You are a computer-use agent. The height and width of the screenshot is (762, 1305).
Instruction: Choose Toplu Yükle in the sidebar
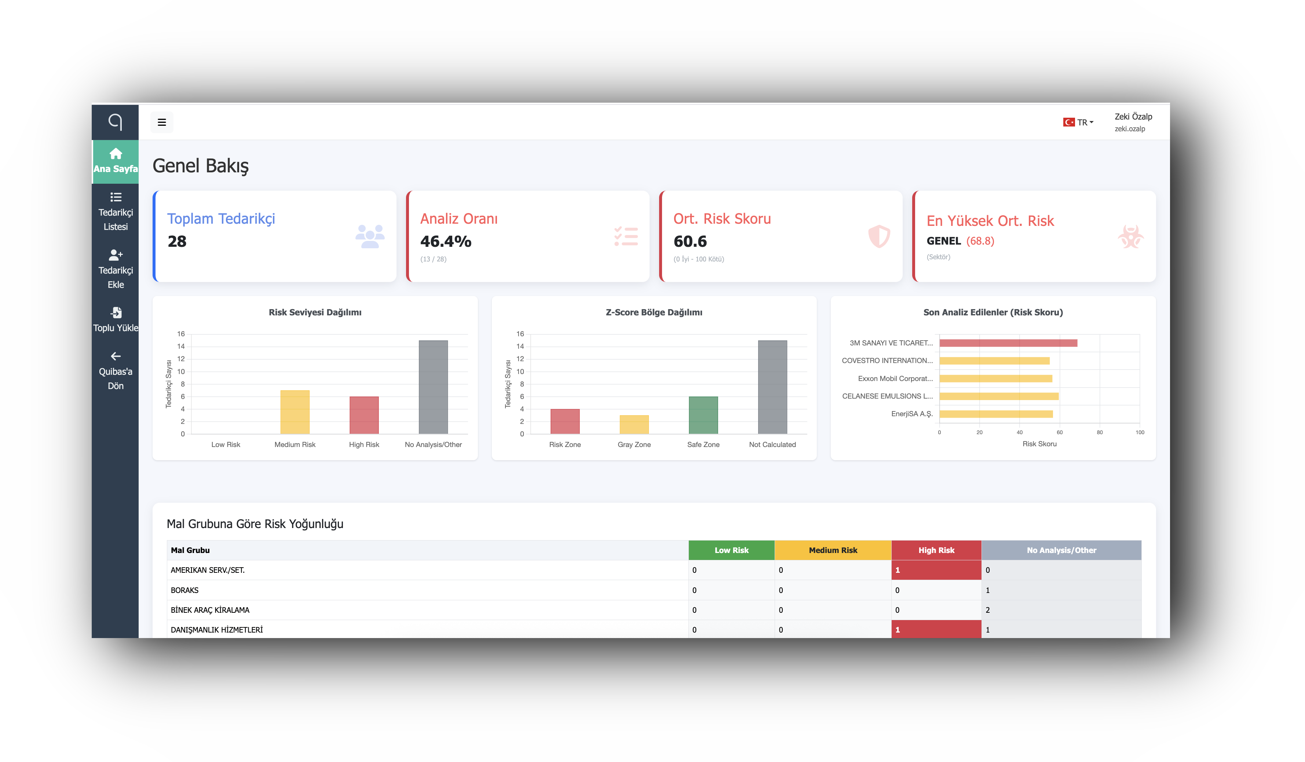pos(116,320)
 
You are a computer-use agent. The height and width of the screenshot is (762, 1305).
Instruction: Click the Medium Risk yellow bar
pos(295,412)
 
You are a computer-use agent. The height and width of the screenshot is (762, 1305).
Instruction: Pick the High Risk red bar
pos(364,415)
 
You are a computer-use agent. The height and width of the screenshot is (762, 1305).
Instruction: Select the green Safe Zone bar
pos(703,415)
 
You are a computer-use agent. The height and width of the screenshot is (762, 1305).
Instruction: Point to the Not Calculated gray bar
pos(772,387)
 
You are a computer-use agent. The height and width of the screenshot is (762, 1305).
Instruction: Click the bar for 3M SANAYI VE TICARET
pos(1008,343)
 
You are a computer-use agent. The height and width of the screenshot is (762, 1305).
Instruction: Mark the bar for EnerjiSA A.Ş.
pos(996,414)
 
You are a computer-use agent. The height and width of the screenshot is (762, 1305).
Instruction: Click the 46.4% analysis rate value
pos(445,241)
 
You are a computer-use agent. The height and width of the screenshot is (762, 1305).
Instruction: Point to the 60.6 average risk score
pos(690,241)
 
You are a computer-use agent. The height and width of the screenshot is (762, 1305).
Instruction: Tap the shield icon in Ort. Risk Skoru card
pos(879,237)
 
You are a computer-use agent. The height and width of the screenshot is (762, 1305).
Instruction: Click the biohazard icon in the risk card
pos(1130,237)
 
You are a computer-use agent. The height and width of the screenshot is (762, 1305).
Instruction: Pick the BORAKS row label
pos(185,590)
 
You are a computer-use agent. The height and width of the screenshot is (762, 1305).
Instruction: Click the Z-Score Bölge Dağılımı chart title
pos(654,312)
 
